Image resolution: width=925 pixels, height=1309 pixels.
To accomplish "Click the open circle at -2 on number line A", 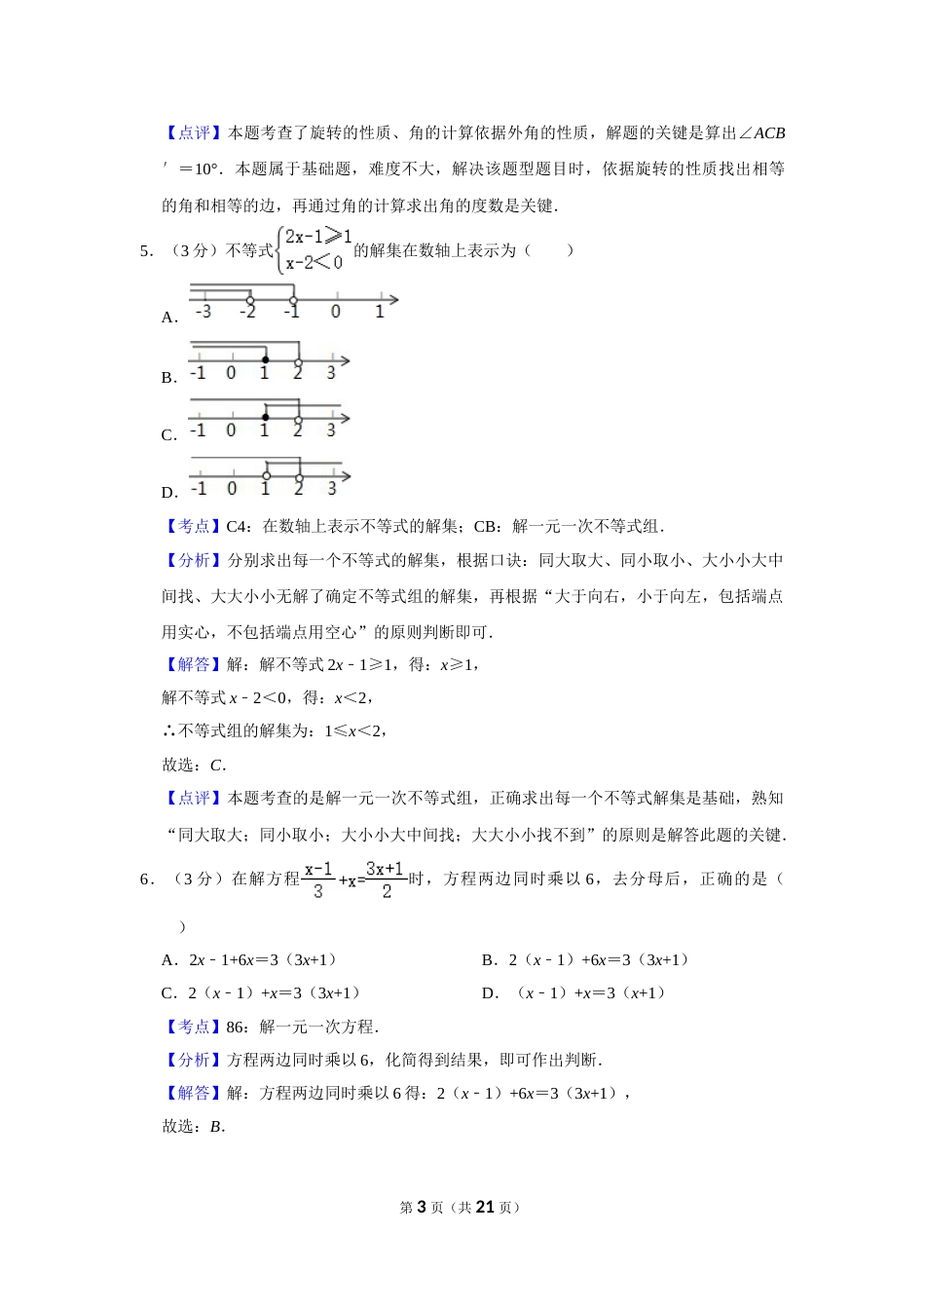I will [x=250, y=300].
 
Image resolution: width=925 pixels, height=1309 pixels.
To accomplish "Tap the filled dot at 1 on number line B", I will [x=265, y=360].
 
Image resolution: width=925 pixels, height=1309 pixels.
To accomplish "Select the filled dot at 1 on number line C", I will [x=265, y=418].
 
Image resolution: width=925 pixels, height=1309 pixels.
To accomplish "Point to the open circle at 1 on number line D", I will [x=266, y=476].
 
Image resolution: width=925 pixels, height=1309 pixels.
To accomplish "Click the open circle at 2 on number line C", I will [x=298, y=420].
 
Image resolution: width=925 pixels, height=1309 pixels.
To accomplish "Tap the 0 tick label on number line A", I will [x=335, y=313].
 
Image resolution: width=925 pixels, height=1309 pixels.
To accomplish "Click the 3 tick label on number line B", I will [x=331, y=373].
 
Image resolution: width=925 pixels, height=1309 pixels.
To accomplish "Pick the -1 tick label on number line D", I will [x=199, y=489].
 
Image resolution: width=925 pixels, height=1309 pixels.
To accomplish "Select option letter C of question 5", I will [x=168, y=435].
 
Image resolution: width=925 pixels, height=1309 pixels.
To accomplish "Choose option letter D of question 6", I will [x=489, y=993].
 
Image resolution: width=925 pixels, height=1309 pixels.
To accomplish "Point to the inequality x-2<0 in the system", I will [x=314, y=263].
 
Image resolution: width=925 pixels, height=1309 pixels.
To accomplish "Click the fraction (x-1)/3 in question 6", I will [x=318, y=879].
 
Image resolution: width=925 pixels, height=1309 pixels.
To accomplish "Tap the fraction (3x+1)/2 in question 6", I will [x=385, y=879].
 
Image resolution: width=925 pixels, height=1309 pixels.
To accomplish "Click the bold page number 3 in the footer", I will [x=422, y=1207].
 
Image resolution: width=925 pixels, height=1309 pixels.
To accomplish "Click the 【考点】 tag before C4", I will [x=193, y=527].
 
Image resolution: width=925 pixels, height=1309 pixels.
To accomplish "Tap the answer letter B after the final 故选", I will [x=216, y=1127].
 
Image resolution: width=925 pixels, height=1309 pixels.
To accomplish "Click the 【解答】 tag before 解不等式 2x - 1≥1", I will [x=193, y=665].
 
